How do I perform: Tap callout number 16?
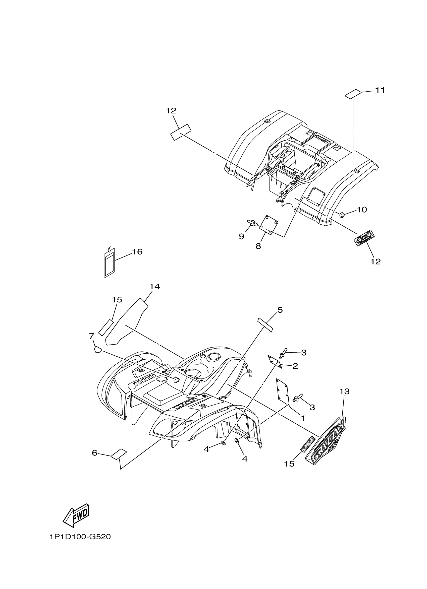point(137,252)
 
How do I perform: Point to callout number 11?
point(380,90)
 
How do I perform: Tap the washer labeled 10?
point(342,215)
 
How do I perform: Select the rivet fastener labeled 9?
point(252,222)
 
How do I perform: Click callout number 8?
point(258,246)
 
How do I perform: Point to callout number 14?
point(154,287)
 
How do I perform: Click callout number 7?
point(91,336)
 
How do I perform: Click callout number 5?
point(280,310)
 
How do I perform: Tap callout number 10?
point(361,210)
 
